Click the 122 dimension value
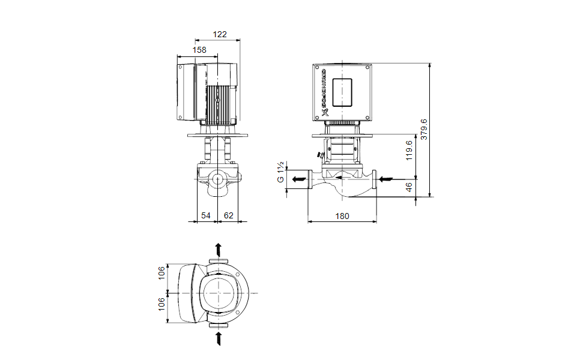pos(220,34)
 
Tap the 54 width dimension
pos(206,215)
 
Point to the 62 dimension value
pos(228,215)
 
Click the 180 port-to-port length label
pos(342,215)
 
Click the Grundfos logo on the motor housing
pos(322,94)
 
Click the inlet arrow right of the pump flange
pos(387,179)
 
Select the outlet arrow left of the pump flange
pos(297,179)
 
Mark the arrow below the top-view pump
pos(218,337)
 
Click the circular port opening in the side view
pos(217,179)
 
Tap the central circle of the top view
pos(217,292)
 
